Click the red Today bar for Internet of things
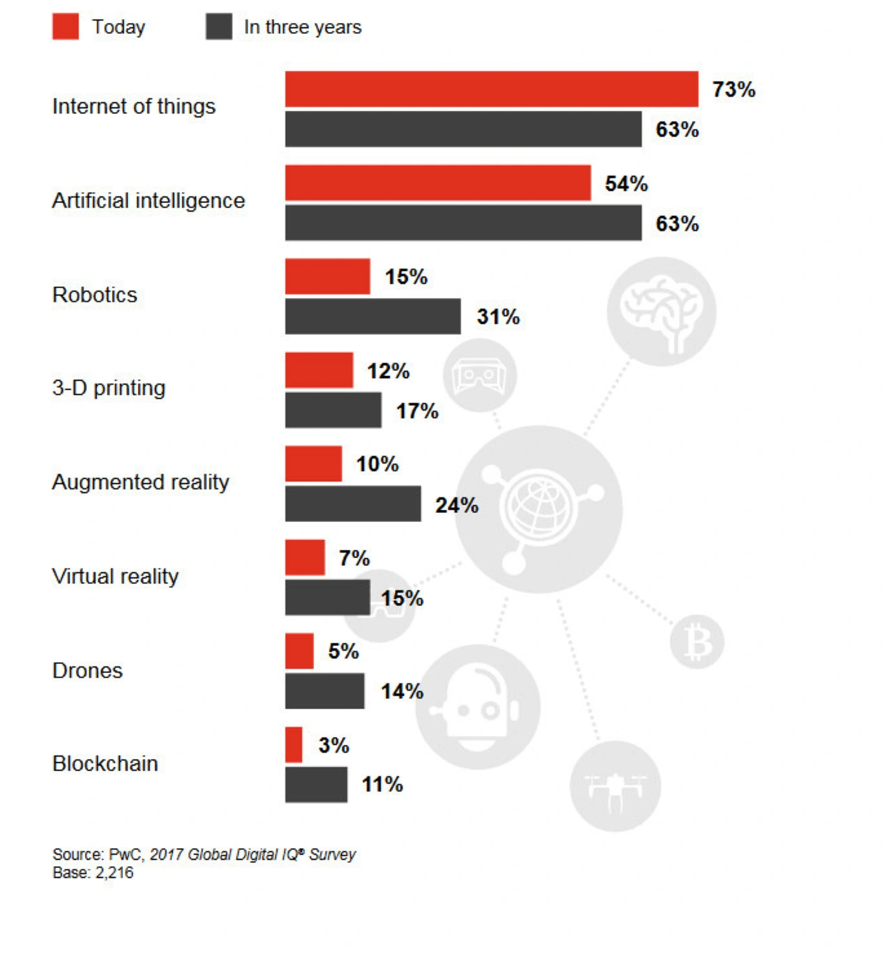pos(491,89)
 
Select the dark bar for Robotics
pos(372,316)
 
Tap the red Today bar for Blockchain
pos(294,745)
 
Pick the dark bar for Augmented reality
pos(353,503)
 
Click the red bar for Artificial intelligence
pos(438,183)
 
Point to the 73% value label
pos(734,90)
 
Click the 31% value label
pos(498,317)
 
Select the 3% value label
pos(333,746)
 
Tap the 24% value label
pos(457,505)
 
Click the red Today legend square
pos(65,27)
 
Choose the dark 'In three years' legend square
pos(219,27)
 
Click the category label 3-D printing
pos(109,388)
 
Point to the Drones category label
pos(87,670)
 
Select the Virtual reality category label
pos(116,576)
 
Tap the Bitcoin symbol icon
pos(697,642)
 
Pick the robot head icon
pos(478,707)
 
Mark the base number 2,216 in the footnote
pos(114,873)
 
